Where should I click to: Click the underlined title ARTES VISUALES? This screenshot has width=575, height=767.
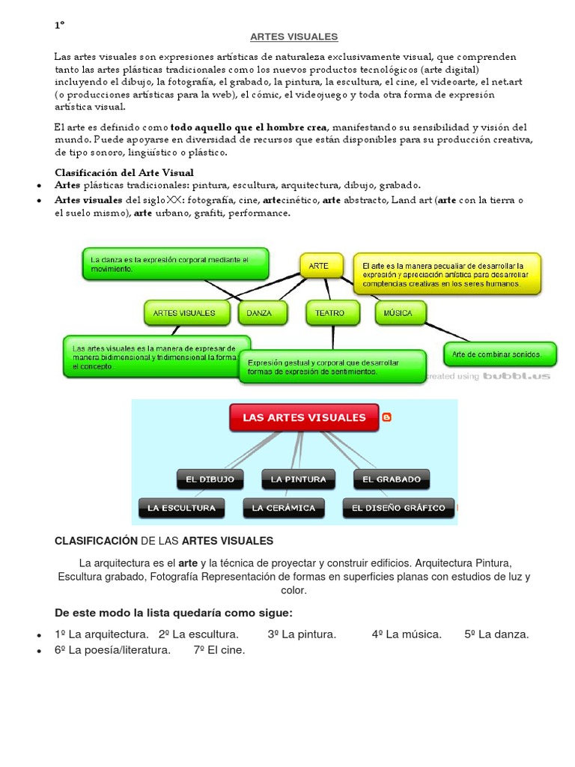293,36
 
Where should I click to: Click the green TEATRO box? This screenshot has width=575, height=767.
330,313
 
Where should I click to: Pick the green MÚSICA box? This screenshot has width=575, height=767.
400,313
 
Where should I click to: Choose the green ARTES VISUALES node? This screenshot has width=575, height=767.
185,313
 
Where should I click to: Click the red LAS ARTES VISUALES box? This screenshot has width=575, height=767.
305,418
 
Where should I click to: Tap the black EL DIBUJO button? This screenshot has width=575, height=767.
210,479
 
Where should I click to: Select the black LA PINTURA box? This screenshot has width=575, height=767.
298,479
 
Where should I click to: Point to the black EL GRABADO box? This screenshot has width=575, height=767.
392,479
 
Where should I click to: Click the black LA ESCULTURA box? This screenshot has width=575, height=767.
182,508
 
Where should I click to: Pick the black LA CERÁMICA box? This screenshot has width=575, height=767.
284,508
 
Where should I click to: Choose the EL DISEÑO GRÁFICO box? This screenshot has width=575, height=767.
399,508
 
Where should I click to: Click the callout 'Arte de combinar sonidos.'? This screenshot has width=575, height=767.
501,353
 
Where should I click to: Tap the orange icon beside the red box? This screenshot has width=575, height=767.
387,417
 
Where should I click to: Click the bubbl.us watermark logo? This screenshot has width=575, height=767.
516,376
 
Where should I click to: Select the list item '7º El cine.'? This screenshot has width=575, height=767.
219,650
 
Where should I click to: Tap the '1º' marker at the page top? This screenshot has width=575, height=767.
59,25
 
